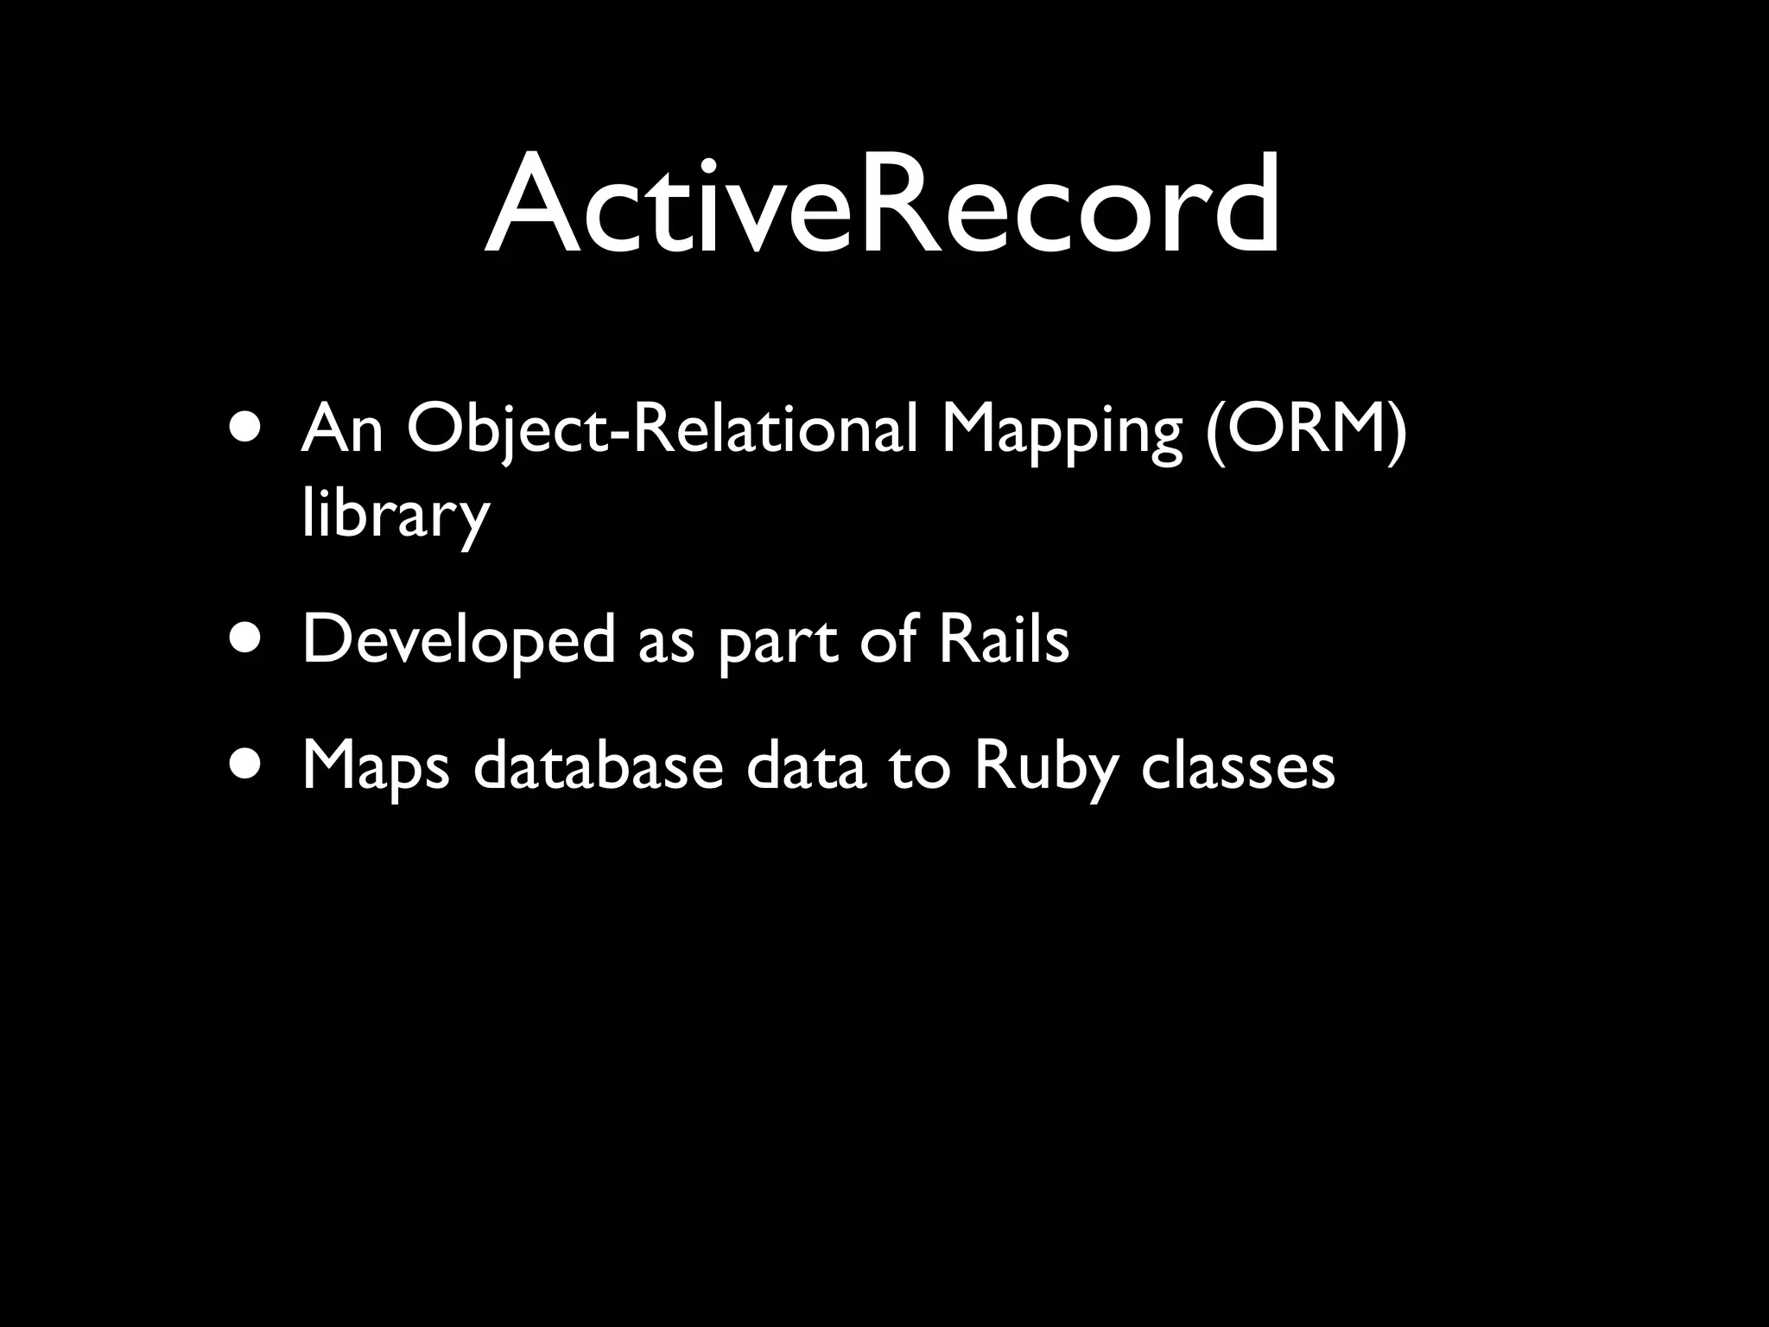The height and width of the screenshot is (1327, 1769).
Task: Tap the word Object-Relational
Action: [x=662, y=429]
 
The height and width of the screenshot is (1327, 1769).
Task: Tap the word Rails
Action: [x=1004, y=639]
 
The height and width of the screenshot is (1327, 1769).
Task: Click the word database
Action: [x=598, y=765]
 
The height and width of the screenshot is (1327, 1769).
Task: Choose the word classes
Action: [x=1238, y=765]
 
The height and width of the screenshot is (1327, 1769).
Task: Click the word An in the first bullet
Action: [x=342, y=429]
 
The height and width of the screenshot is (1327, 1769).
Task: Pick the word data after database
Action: [x=805, y=765]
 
